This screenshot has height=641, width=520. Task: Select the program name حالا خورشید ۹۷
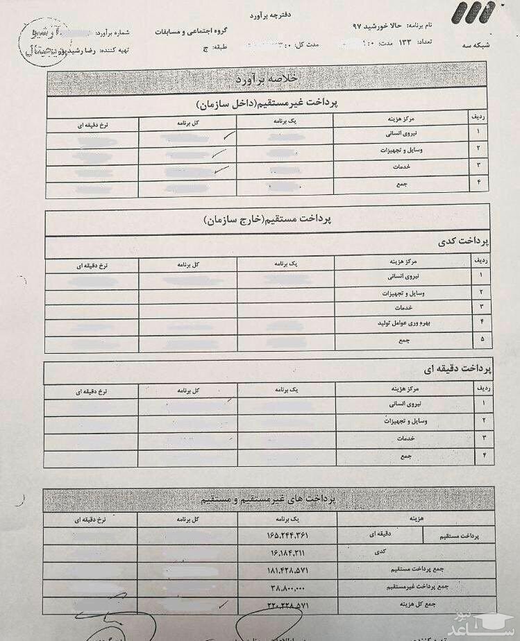click(378, 25)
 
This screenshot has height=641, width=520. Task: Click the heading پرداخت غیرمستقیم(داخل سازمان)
click(267, 104)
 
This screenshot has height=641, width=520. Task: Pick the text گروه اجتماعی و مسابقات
click(196, 33)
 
